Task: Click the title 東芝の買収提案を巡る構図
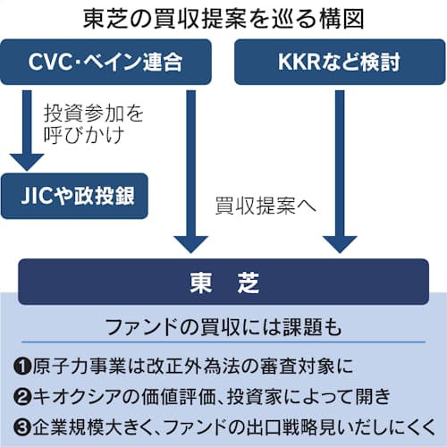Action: [x=223, y=19]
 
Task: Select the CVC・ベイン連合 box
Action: [x=105, y=62]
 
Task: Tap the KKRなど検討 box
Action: [x=340, y=62]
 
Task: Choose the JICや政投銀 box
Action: [x=74, y=196]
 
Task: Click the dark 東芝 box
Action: [x=223, y=282]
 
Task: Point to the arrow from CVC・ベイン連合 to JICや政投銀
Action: [x=27, y=131]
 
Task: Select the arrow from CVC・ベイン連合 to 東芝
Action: [x=190, y=172]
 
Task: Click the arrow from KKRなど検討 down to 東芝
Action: [x=340, y=172]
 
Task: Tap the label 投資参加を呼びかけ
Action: [x=94, y=124]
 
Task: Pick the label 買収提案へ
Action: [x=266, y=206]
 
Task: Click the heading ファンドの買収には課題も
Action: [x=223, y=327]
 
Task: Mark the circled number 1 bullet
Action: [x=22, y=366]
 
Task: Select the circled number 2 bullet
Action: [x=22, y=397]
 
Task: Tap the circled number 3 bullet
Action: [x=22, y=428]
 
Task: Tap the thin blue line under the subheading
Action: [x=223, y=342]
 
